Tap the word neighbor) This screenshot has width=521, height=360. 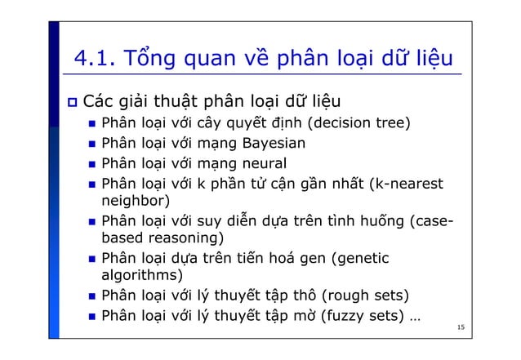(x=134, y=201)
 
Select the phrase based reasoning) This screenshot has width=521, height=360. (x=165, y=239)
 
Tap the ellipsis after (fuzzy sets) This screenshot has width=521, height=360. (x=417, y=318)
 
